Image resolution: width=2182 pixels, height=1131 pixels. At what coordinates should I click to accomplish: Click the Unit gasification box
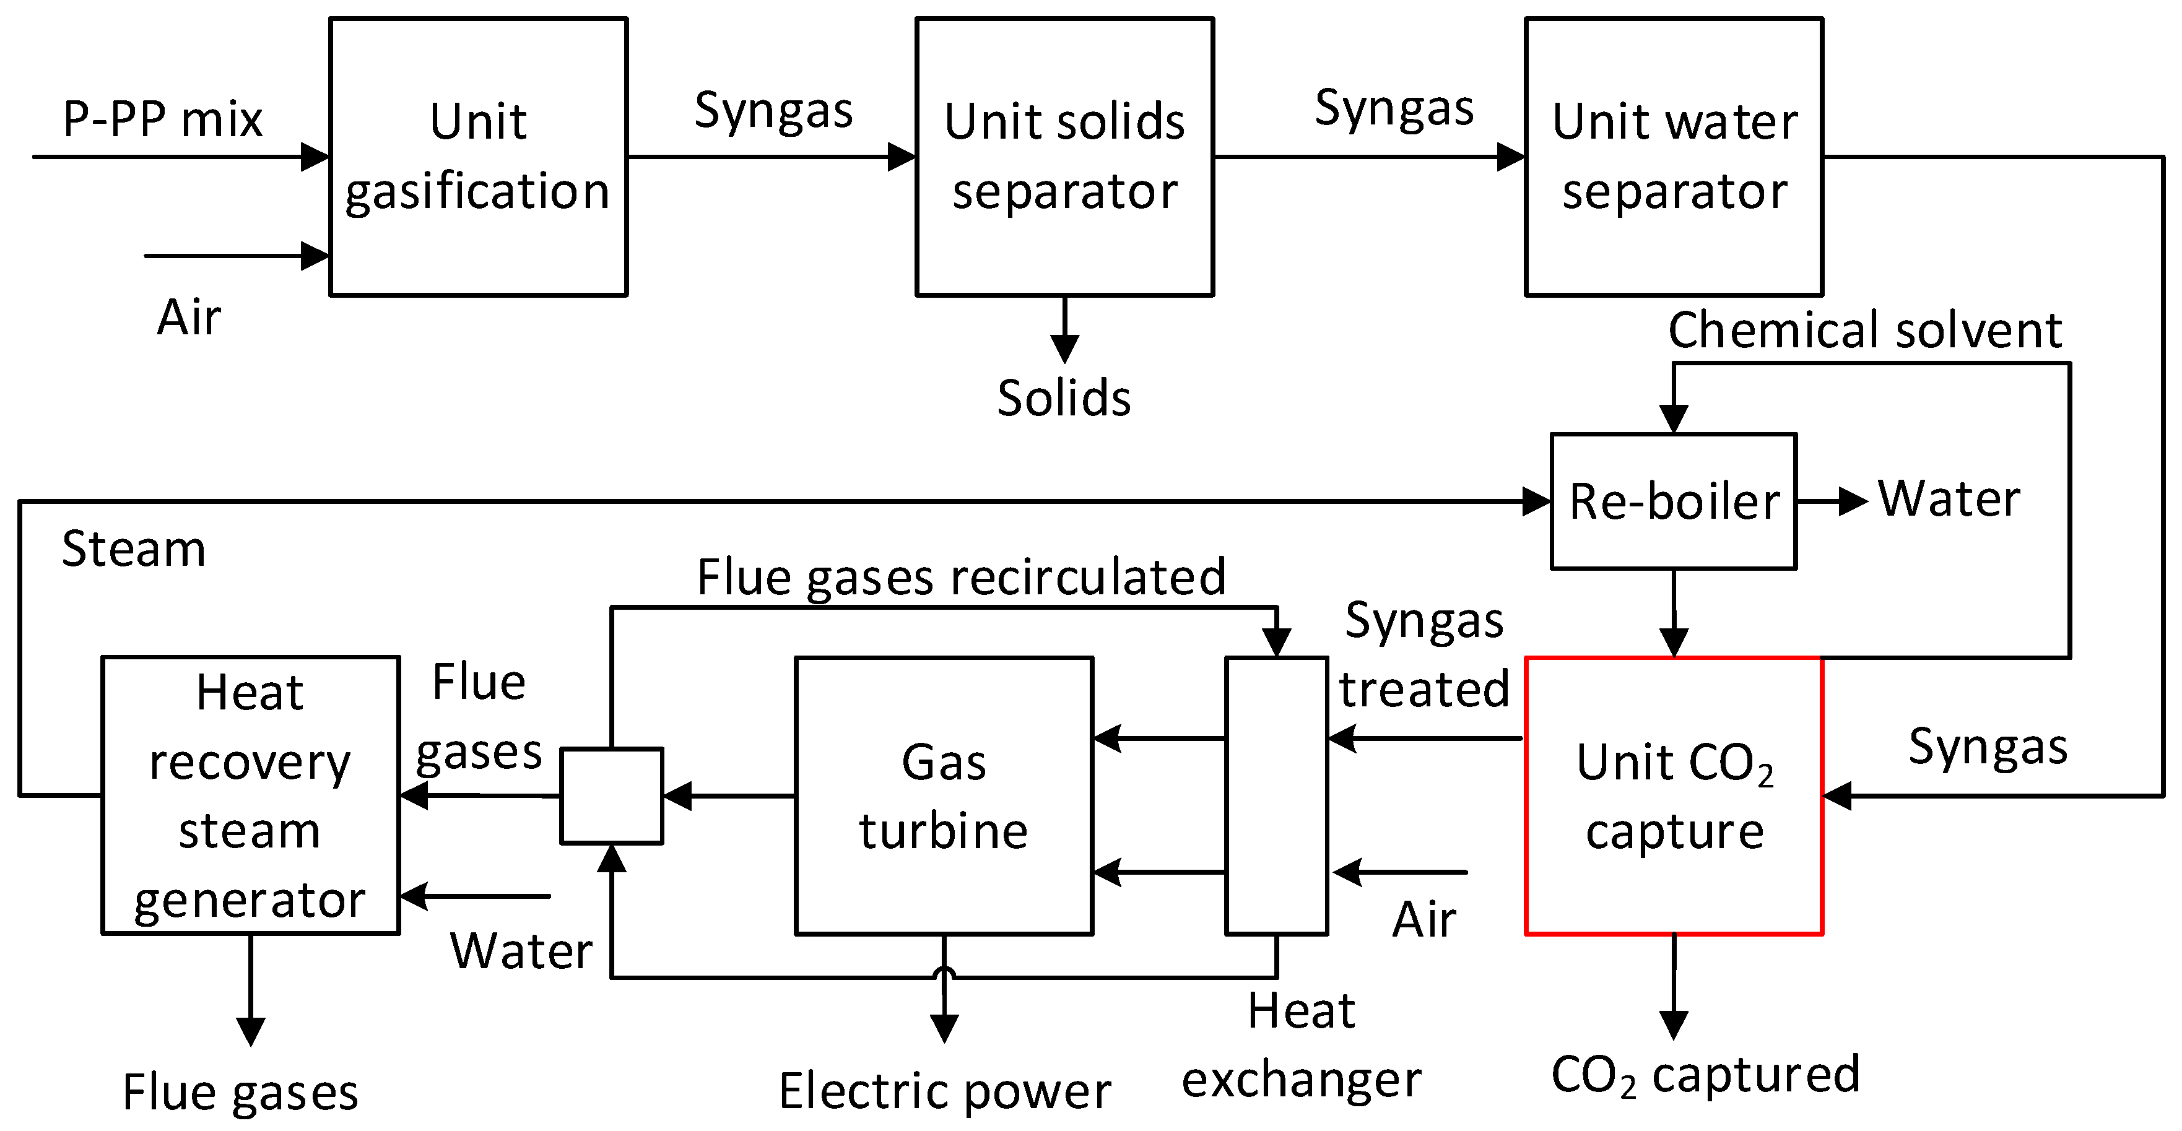(x=478, y=157)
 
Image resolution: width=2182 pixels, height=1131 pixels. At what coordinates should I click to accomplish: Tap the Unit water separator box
(x=1674, y=157)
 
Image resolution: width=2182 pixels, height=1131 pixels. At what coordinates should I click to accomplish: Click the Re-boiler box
(x=1674, y=501)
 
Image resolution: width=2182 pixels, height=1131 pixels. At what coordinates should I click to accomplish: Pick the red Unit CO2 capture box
(x=1674, y=795)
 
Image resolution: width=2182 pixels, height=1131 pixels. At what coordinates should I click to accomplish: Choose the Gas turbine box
(x=944, y=795)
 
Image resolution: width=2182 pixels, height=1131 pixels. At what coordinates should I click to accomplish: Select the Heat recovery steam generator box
(x=250, y=795)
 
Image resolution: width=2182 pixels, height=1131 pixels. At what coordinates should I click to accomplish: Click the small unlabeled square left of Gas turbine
(x=612, y=795)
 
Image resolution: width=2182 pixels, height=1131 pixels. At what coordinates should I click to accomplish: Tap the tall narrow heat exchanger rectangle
(x=1277, y=795)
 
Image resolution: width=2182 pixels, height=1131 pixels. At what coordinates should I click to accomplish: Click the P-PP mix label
(x=163, y=118)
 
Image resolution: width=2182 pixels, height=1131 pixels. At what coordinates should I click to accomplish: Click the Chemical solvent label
(x=1864, y=329)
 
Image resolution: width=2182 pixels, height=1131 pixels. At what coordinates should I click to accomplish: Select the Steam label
(x=134, y=548)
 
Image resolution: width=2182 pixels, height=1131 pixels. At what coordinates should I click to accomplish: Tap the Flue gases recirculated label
(x=962, y=578)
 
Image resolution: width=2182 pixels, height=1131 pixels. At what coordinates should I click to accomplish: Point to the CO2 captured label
(x=1705, y=1075)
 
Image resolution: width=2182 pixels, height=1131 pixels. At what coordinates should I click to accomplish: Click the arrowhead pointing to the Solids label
(x=1065, y=348)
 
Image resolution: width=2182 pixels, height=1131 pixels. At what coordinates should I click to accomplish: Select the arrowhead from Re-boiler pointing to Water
(x=1853, y=501)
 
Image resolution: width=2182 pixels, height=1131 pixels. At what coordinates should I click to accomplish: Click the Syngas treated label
(x=1425, y=654)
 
